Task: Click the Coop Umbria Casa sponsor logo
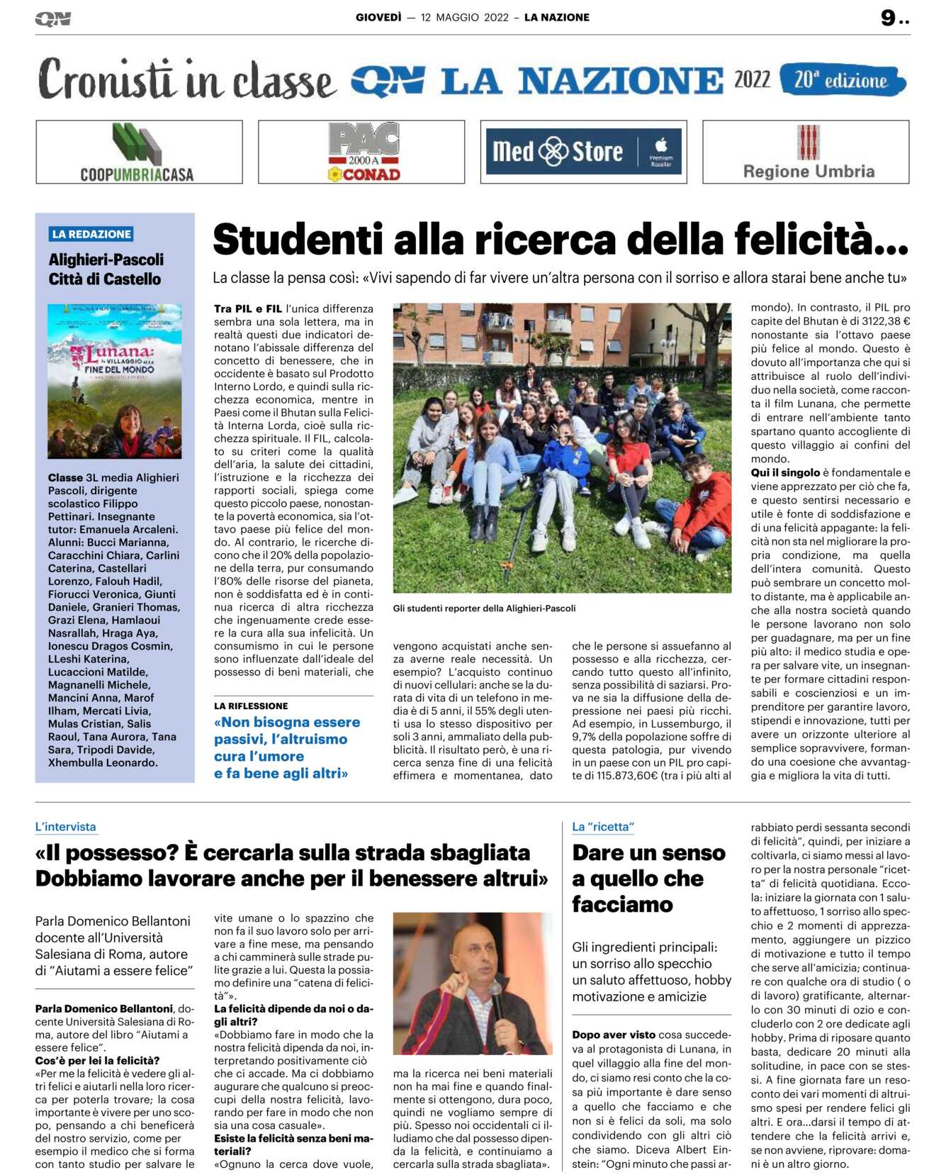click(139, 152)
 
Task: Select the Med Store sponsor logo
click(583, 152)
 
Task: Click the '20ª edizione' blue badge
click(841, 80)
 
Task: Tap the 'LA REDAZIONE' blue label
click(91, 234)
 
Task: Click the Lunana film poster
click(115, 381)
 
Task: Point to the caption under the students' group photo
click(485, 608)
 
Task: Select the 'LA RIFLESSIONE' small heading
click(251, 706)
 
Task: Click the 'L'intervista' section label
click(65, 827)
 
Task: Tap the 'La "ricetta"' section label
click(603, 827)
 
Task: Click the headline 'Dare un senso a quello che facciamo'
click(648, 878)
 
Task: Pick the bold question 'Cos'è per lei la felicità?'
click(98, 1061)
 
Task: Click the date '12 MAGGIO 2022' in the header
click(464, 18)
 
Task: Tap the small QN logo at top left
click(53, 19)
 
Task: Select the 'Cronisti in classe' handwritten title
click(186, 80)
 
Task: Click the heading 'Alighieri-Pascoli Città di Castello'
click(106, 269)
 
